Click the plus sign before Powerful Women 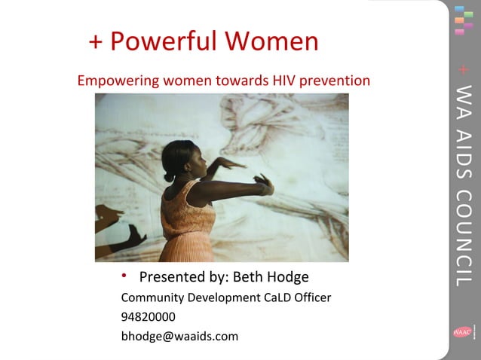coord(96,42)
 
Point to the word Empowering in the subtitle coord(113,81)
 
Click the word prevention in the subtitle coord(335,80)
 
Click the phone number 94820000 coord(148,317)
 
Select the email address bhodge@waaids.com coord(179,336)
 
